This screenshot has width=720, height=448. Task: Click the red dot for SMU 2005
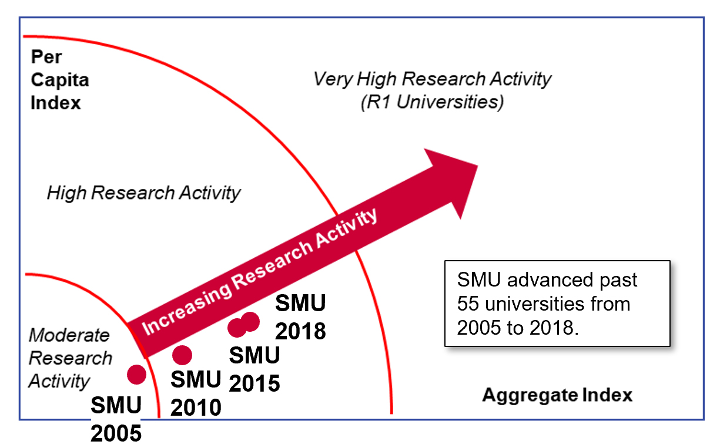click(x=136, y=374)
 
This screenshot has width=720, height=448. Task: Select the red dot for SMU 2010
click(x=182, y=355)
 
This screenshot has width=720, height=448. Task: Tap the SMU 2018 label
click(x=300, y=318)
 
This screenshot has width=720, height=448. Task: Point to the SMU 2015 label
click(x=254, y=369)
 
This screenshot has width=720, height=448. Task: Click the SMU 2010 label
click(x=196, y=393)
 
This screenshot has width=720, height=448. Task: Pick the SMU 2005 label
click(x=116, y=419)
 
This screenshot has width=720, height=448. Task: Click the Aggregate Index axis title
click(x=557, y=395)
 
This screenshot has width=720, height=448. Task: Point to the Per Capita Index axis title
click(x=59, y=80)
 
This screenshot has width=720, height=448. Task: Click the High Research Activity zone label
click(x=143, y=193)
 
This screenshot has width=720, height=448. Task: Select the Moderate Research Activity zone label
click(x=69, y=358)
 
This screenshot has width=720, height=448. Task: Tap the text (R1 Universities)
click(x=432, y=102)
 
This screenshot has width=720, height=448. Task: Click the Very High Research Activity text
click(x=432, y=79)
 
